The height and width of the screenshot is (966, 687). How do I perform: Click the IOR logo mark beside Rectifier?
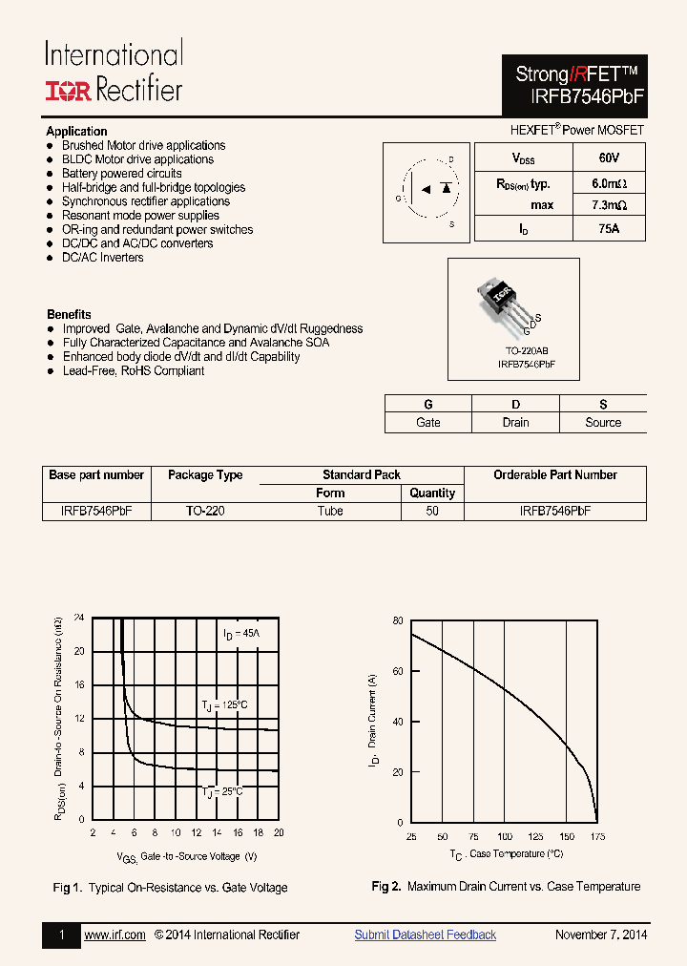click(x=68, y=91)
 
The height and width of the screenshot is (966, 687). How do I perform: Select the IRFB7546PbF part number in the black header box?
click(x=574, y=95)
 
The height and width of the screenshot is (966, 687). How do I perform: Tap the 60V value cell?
click(x=609, y=157)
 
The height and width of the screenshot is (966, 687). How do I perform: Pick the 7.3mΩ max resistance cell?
click(x=609, y=205)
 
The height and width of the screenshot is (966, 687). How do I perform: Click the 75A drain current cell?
click(x=609, y=229)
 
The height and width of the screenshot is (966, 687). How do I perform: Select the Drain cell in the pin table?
click(x=515, y=422)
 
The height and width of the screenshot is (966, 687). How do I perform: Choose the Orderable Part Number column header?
click(x=554, y=474)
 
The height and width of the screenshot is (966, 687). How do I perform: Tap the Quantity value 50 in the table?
click(x=432, y=511)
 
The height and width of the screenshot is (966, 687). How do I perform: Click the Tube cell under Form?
click(x=330, y=511)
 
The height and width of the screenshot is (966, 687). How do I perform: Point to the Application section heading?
click(x=76, y=131)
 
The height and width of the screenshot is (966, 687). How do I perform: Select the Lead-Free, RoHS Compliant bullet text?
click(x=133, y=370)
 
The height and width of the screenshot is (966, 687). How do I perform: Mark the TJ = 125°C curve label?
click(x=224, y=704)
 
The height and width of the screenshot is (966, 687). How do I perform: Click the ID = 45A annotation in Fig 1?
click(x=241, y=634)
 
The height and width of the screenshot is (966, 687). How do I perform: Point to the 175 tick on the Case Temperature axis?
click(x=596, y=837)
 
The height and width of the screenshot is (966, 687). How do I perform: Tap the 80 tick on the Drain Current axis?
click(x=397, y=620)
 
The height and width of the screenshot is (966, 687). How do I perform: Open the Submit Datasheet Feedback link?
click(x=425, y=934)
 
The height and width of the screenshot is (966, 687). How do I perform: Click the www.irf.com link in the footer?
click(x=114, y=934)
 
